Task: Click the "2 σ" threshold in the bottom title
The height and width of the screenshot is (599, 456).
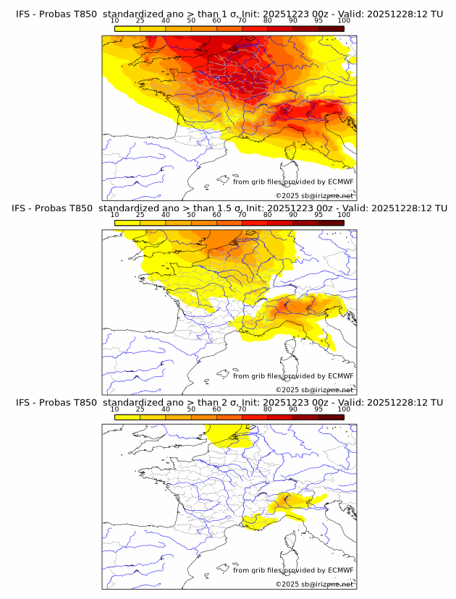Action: click(x=214, y=402)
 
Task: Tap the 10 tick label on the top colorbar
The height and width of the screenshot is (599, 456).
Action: click(x=115, y=21)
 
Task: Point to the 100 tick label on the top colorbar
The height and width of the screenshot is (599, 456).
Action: click(x=344, y=21)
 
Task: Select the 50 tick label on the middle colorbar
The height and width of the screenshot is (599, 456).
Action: click(x=191, y=215)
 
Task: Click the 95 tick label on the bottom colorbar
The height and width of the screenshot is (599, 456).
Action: click(x=318, y=409)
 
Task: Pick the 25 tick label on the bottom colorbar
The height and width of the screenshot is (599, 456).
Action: click(x=140, y=409)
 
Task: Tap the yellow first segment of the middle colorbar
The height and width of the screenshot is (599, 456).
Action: click(x=127, y=223)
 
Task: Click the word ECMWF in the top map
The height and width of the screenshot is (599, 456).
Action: click(x=341, y=182)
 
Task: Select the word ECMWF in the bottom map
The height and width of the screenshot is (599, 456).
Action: click(x=341, y=570)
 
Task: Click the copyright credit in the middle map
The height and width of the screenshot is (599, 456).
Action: click(x=315, y=389)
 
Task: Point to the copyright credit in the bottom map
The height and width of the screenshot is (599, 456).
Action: click(x=315, y=584)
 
